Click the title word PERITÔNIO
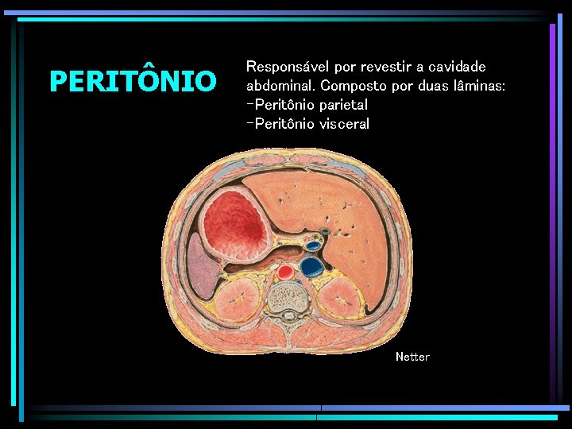point(133,81)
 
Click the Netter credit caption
point(412,357)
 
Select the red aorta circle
point(286,272)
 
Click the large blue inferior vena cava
point(313,265)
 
